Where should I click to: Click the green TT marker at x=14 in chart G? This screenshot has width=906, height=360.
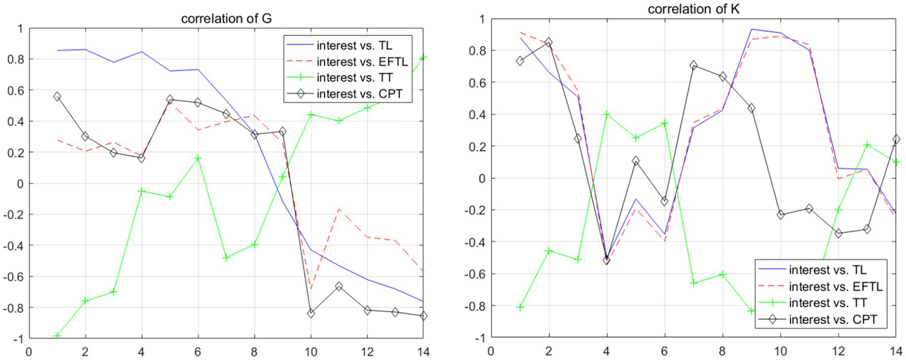tap(423, 57)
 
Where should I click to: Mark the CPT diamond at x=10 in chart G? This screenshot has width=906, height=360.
tap(310, 313)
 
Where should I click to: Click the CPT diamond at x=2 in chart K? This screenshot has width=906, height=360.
tap(548, 42)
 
